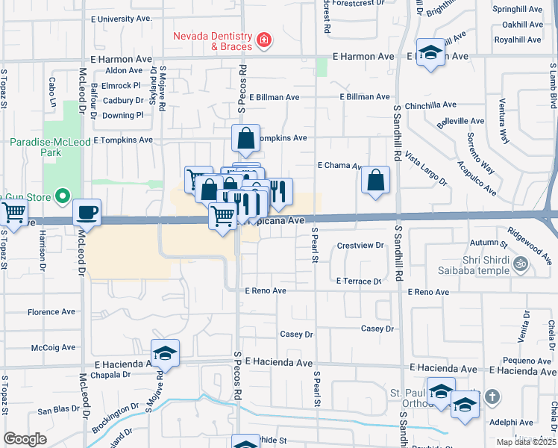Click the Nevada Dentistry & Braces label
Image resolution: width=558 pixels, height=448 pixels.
212,41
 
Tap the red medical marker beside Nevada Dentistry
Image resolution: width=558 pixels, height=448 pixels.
263,40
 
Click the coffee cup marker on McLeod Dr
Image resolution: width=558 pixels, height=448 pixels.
87,212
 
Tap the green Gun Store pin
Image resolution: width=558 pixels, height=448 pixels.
63,198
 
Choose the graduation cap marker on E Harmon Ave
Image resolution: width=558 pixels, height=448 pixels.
430,52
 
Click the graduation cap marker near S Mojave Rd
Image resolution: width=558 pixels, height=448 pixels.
166,353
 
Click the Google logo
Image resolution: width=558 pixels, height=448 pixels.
25,438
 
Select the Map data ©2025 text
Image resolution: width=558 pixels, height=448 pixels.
526,442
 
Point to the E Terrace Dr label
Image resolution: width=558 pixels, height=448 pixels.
359,281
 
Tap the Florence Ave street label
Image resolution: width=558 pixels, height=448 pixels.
52,312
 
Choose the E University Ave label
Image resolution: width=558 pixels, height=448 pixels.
121,18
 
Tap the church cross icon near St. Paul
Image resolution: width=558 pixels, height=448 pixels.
492,396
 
